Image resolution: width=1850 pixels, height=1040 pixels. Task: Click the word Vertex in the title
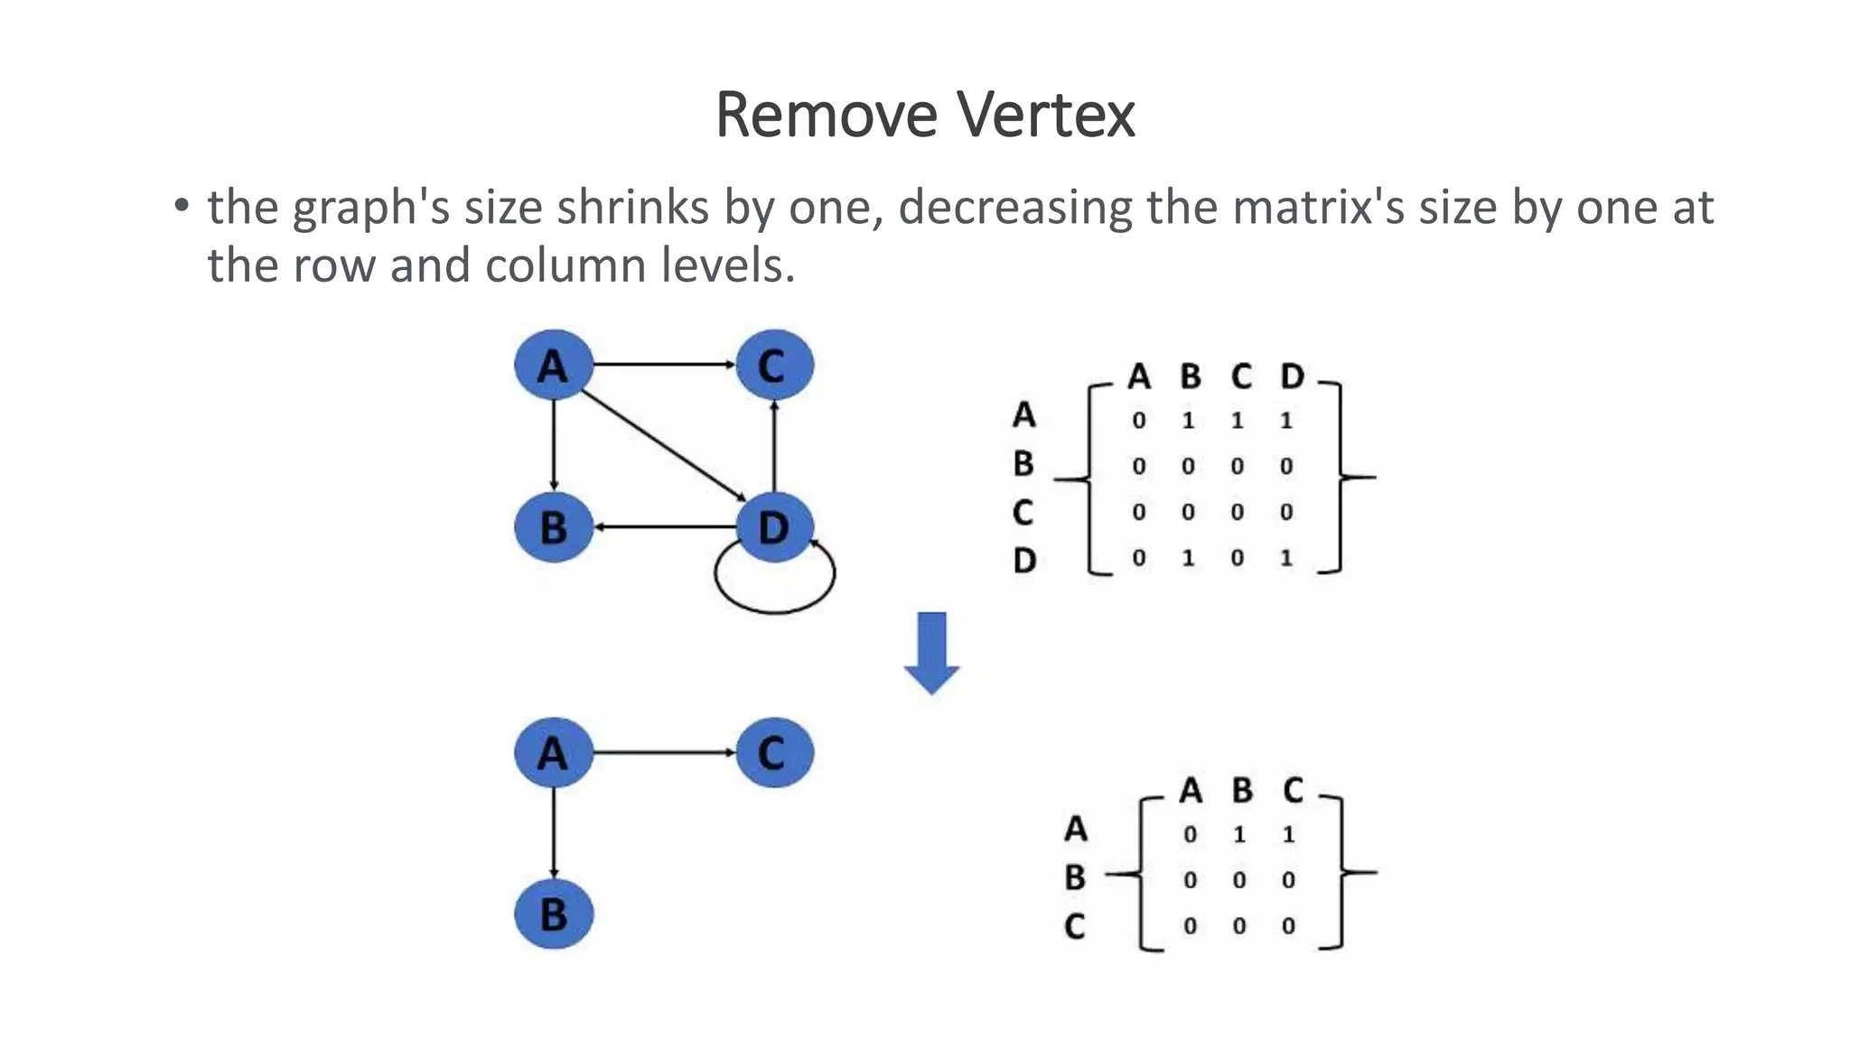(x=1045, y=115)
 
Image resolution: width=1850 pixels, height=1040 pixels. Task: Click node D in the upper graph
(x=774, y=527)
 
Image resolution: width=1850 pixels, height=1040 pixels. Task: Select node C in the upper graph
(x=774, y=366)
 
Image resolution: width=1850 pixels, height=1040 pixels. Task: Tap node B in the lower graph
(x=553, y=915)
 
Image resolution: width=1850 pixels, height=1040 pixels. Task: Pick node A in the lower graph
(x=553, y=753)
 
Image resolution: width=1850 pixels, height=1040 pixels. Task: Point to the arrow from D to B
(x=664, y=526)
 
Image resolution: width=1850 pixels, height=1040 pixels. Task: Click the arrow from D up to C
(x=774, y=447)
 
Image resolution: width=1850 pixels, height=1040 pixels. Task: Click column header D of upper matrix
(x=1292, y=376)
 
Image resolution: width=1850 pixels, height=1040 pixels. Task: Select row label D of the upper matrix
(x=1023, y=561)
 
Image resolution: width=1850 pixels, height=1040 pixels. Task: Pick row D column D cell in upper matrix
(x=1286, y=558)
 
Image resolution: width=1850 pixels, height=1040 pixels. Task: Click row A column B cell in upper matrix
(x=1188, y=421)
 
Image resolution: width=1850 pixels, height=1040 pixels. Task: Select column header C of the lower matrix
(x=1293, y=791)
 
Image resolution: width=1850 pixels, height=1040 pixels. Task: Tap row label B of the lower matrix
(x=1074, y=877)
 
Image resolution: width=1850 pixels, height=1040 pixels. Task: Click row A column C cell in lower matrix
(x=1288, y=834)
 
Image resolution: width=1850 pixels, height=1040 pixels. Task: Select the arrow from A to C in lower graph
(x=664, y=752)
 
